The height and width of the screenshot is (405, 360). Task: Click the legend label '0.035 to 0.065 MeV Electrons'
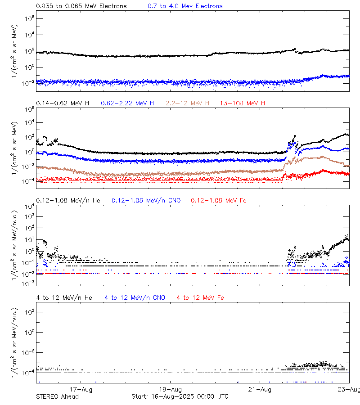pos(81,6)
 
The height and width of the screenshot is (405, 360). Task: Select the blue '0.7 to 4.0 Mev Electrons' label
pos(185,6)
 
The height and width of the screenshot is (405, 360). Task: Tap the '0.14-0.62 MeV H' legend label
pos(63,103)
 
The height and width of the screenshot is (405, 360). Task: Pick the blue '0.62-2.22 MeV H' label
pos(127,103)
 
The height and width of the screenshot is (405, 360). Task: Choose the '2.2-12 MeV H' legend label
pos(188,103)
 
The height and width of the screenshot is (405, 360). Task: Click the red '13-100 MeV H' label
pos(243,103)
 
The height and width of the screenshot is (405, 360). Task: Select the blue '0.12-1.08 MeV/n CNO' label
pos(146,200)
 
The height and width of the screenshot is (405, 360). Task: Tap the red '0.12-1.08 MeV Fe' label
pos(219,200)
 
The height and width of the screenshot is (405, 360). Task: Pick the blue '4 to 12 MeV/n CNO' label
pos(135,297)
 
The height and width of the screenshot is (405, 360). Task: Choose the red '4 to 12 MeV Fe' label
pos(200,297)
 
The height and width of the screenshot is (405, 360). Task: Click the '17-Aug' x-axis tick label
pos(81,390)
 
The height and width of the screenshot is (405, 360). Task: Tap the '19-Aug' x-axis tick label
pos(171,390)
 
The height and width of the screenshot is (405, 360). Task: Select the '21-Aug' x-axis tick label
pos(260,390)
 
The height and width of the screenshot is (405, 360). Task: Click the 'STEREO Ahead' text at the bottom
pos(57,396)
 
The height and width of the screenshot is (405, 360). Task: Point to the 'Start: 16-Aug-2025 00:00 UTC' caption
pos(180,396)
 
